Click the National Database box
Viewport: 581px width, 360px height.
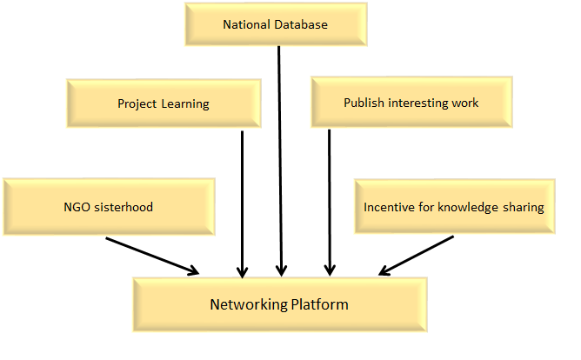275,24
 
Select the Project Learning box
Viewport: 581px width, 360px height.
164,103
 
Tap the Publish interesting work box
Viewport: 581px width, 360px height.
411,103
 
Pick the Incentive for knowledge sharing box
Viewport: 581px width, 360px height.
453,207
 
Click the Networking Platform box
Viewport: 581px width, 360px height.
278,305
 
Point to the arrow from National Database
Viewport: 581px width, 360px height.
279,157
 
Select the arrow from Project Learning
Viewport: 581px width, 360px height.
243,200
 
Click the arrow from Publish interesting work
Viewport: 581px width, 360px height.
329,200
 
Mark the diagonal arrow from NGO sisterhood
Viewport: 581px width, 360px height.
152,256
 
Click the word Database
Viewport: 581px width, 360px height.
301,24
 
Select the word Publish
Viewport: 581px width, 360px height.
361,103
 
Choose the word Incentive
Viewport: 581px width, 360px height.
388,207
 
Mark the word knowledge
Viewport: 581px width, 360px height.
466,207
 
